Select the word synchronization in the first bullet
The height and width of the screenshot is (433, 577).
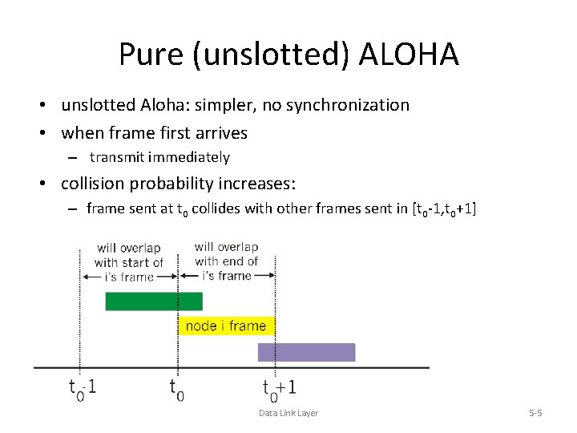tap(346, 105)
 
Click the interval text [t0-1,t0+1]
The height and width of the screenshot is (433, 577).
tap(443, 209)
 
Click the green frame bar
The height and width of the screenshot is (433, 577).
tap(154, 301)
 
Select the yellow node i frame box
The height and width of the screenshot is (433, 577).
tap(226, 326)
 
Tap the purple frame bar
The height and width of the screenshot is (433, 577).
tap(306, 352)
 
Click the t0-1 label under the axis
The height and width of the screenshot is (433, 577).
tap(83, 388)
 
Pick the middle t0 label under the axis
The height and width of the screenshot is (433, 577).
tap(177, 389)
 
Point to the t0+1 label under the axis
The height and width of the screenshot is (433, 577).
tap(279, 389)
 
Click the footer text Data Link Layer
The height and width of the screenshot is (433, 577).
tap(288, 413)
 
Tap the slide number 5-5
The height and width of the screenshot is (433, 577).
tap(535, 413)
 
